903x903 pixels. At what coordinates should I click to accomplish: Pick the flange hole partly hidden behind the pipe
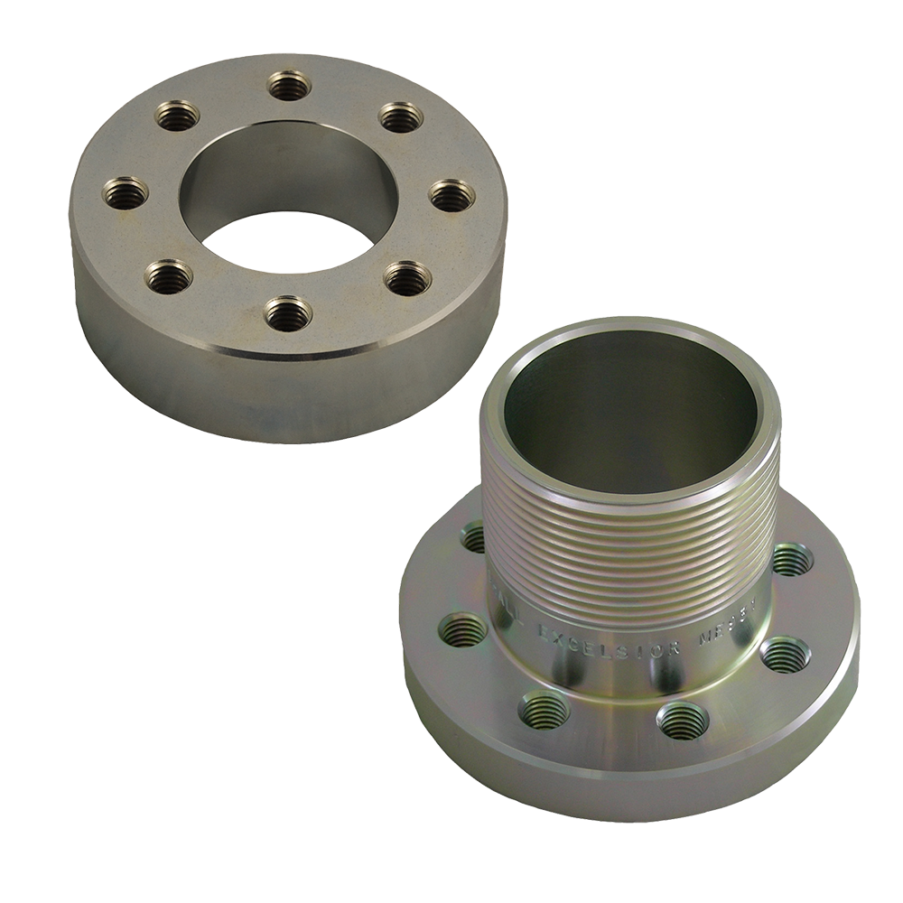point(472,539)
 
